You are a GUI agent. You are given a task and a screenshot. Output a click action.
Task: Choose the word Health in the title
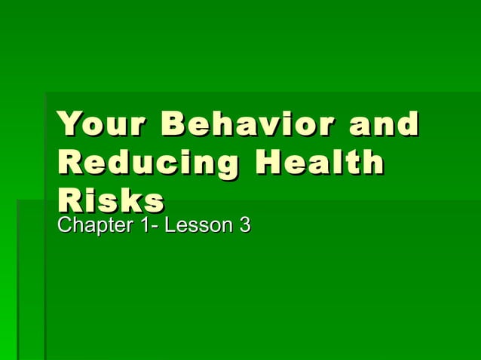[x=319, y=163]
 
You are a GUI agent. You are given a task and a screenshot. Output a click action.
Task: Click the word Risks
[x=110, y=200]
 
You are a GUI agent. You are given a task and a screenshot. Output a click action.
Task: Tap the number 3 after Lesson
[x=244, y=224]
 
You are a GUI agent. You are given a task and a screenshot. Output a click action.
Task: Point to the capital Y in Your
[x=69, y=124]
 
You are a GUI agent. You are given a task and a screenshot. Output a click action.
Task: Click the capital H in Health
[x=267, y=163]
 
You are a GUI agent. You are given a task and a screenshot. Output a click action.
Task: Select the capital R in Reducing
[x=69, y=163]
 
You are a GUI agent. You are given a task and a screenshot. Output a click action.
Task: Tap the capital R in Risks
[x=69, y=200]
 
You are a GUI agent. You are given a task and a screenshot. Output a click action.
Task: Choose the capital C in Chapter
[x=65, y=224]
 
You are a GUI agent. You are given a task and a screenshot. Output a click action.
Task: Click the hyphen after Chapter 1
[x=151, y=226]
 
